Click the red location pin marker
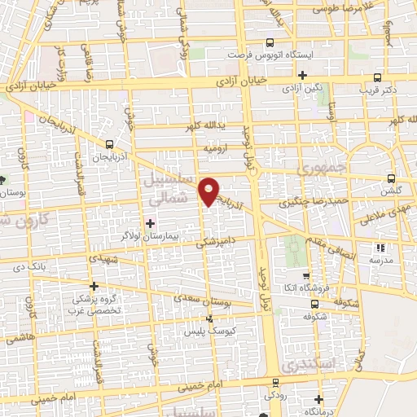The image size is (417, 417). (210, 191)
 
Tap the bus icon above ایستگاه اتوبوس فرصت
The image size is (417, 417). (270, 45)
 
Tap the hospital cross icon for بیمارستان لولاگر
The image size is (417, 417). (149, 222)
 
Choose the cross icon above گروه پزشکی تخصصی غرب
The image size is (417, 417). (94, 286)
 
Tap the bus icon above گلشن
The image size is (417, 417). (392, 178)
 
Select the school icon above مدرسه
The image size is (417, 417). (378, 248)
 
